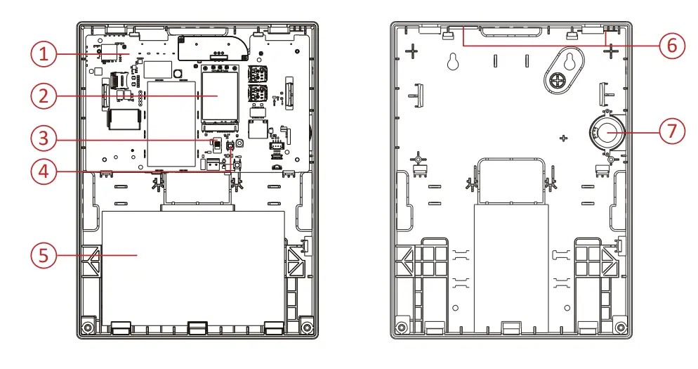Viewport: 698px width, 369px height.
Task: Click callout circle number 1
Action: click(x=44, y=54)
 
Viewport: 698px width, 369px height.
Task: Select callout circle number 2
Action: click(x=44, y=96)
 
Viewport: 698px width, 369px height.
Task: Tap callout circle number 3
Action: click(x=44, y=138)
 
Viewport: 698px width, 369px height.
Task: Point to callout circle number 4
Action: click(x=44, y=171)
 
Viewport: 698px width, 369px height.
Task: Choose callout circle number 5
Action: click(x=44, y=254)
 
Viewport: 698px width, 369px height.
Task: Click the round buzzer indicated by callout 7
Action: click(x=605, y=132)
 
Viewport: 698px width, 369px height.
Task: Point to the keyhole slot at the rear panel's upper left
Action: click(x=452, y=61)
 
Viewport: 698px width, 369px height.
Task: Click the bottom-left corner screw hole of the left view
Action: click(x=87, y=328)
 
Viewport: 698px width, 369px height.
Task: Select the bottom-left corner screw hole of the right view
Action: click(x=401, y=328)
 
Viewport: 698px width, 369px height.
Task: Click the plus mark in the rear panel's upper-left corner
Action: click(x=412, y=51)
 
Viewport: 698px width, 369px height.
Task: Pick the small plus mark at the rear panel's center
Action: click(x=562, y=138)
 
